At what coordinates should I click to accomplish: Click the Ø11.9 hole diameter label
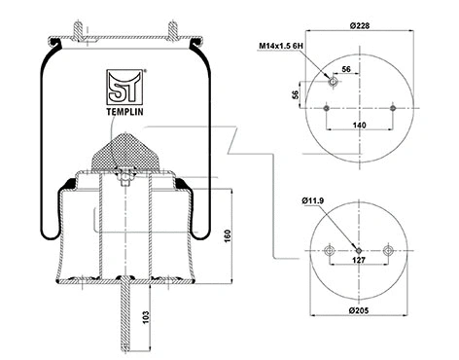pyautogui.click(x=314, y=202)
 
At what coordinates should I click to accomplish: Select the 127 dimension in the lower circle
pyautogui.click(x=359, y=261)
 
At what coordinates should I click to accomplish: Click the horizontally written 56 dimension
pyautogui.click(x=347, y=70)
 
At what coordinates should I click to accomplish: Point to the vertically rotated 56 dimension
pyautogui.click(x=296, y=94)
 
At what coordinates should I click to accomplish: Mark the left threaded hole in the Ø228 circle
pyautogui.click(x=332, y=84)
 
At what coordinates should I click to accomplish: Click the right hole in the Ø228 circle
pyautogui.click(x=391, y=108)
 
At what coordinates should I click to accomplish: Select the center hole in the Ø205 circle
pyautogui.click(x=359, y=249)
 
